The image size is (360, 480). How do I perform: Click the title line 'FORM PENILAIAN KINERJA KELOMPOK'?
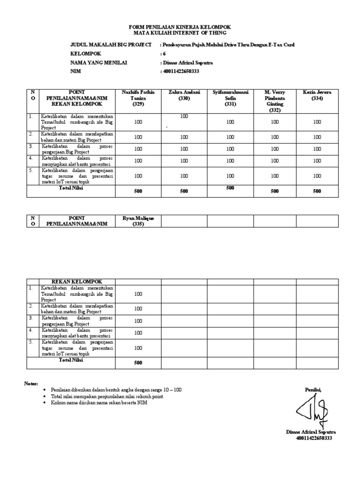pyautogui.click(x=180, y=27)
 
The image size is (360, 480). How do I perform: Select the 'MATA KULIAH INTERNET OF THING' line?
pyautogui.click(x=180, y=33)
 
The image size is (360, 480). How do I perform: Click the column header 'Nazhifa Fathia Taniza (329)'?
pyautogui.click(x=138, y=98)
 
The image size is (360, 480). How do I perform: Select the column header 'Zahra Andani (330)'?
pyautogui.click(x=184, y=96)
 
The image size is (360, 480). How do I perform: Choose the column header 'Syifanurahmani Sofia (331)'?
pyautogui.click(x=230, y=98)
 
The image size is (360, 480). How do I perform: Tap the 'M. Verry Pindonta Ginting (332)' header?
pyautogui.click(x=275, y=101)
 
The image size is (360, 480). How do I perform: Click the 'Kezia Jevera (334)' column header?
pyautogui.click(x=317, y=96)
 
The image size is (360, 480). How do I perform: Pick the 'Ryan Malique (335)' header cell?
pyautogui.click(x=138, y=221)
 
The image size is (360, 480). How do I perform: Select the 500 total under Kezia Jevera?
pyautogui.click(x=317, y=191)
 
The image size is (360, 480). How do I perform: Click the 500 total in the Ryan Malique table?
pyautogui.click(x=138, y=363)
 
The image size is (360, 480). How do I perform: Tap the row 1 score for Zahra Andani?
pyautogui.click(x=184, y=116)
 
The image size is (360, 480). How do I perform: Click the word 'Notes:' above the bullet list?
pyautogui.click(x=31, y=384)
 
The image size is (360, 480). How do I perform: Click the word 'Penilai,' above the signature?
pyautogui.click(x=313, y=390)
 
